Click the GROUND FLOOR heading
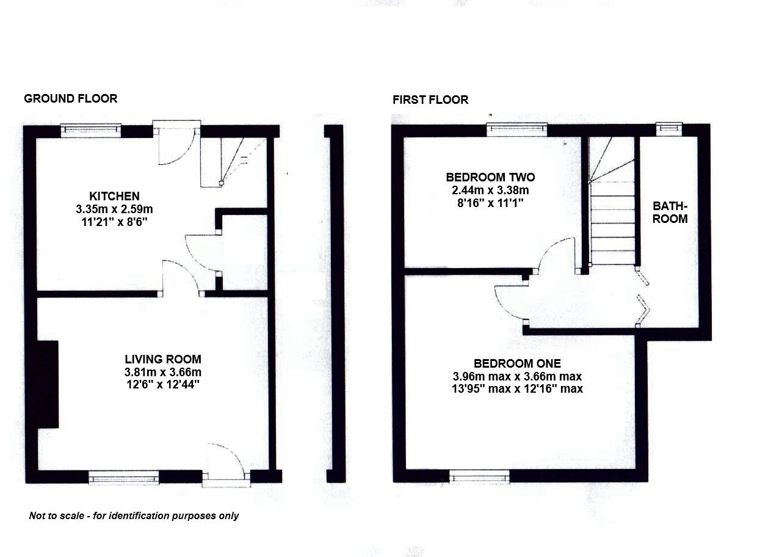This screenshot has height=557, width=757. (x=70, y=98)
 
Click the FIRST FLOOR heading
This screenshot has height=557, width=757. (x=430, y=100)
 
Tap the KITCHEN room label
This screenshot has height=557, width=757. (x=114, y=196)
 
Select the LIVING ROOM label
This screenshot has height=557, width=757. (x=163, y=359)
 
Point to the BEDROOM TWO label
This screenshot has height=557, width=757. (x=490, y=177)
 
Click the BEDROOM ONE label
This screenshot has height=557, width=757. (x=516, y=363)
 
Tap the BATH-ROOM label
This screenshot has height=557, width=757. (x=670, y=213)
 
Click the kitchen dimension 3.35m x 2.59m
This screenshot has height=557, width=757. (x=114, y=209)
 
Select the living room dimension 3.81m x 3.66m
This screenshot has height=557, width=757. (x=163, y=372)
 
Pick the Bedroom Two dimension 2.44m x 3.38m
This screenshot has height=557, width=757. (x=490, y=190)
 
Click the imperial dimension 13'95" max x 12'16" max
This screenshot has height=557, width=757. (x=516, y=388)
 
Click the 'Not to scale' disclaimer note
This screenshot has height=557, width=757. (x=134, y=516)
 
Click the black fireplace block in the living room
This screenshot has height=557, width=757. (x=48, y=384)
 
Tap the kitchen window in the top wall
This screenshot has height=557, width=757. (x=91, y=130)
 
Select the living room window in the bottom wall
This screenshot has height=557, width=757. (x=124, y=478)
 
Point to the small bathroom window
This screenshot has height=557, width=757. (x=669, y=128)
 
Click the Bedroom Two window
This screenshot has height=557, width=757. (x=516, y=129)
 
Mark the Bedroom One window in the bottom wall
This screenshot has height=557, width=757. (x=479, y=477)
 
